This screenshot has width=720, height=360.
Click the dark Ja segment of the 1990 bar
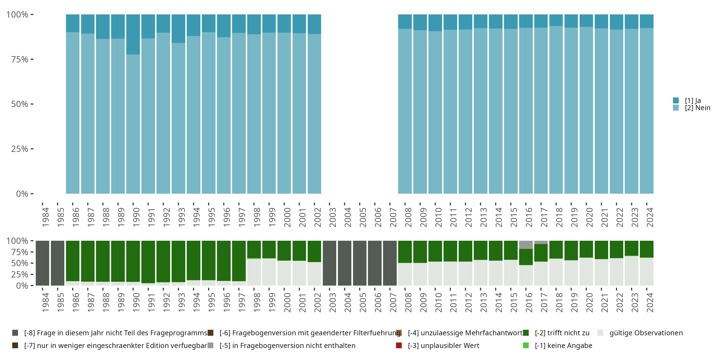(x=133, y=34)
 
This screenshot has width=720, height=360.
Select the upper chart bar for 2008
(x=405, y=112)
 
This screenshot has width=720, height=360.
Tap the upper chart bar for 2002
(x=314, y=112)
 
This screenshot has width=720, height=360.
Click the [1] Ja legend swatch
(x=676, y=100)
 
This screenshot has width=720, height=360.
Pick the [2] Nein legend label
(x=697, y=108)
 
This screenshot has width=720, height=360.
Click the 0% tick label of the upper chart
(x=22, y=194)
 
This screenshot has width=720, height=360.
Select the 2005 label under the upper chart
(x=362, y=217)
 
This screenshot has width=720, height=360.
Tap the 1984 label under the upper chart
(x=45, y=217)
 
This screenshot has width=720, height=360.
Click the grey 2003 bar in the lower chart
(x=330, y=263)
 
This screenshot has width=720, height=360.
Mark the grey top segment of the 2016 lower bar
(x=526, y=245)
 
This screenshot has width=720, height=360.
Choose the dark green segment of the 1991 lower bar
(x=148, y=262)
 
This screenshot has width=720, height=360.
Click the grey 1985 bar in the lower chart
(x=58, y=263)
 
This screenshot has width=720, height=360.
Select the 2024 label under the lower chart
(x=650, y=302)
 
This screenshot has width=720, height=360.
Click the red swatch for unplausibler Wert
(x=399, y=345)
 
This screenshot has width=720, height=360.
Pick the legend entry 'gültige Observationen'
(x=646, y=333)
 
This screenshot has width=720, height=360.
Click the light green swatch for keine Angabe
(x=526, y=345)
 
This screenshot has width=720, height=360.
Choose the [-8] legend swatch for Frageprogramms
(x=15, y=333)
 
